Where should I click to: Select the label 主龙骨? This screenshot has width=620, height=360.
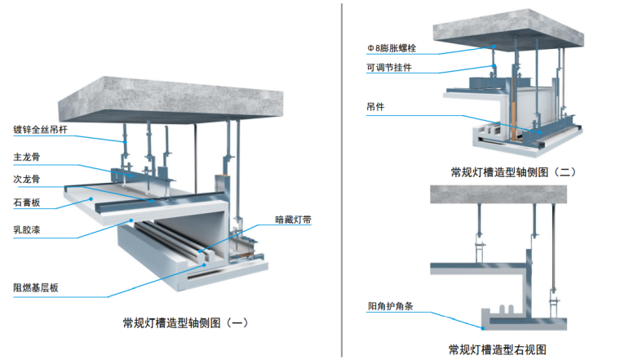point(24,155)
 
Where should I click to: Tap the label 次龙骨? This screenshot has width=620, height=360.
point(24,178)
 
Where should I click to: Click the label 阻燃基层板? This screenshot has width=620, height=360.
point(34,287)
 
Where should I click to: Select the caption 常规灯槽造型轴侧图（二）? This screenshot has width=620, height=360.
point(511,172)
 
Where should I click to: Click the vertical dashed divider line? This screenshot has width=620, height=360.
point(343,180)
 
